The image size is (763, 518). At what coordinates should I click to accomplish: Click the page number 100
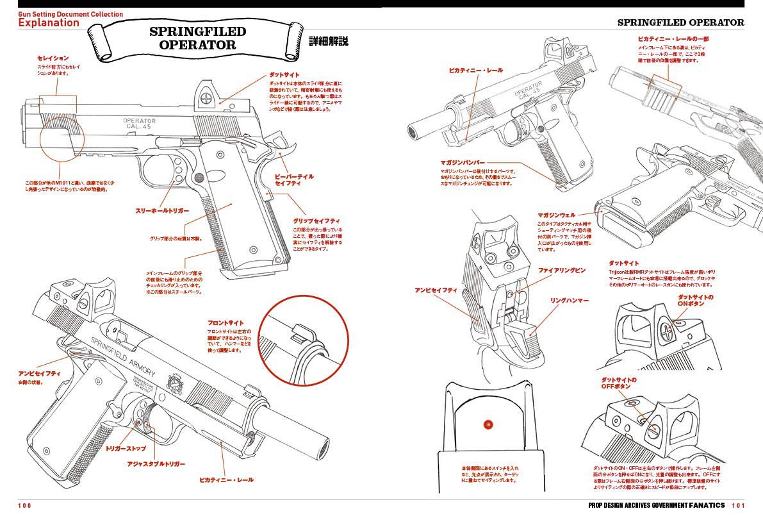[24, 506]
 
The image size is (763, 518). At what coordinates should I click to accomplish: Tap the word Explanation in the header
[49, 22]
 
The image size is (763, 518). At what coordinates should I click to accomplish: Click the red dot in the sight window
[488, 424]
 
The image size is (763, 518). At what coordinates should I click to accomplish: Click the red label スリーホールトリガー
[161, 210]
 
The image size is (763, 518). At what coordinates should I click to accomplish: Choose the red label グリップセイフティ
[316, 221]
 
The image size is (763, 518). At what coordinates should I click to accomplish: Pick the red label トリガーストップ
[126, 449]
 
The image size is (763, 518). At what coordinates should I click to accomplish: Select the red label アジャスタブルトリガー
[156, 463]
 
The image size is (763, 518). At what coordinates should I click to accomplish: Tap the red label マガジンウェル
[556, 215]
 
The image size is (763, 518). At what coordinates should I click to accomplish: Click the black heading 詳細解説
[329, 41]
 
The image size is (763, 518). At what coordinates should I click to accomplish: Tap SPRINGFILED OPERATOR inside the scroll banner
[197, 38]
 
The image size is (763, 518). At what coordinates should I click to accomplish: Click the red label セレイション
[53, 58]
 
